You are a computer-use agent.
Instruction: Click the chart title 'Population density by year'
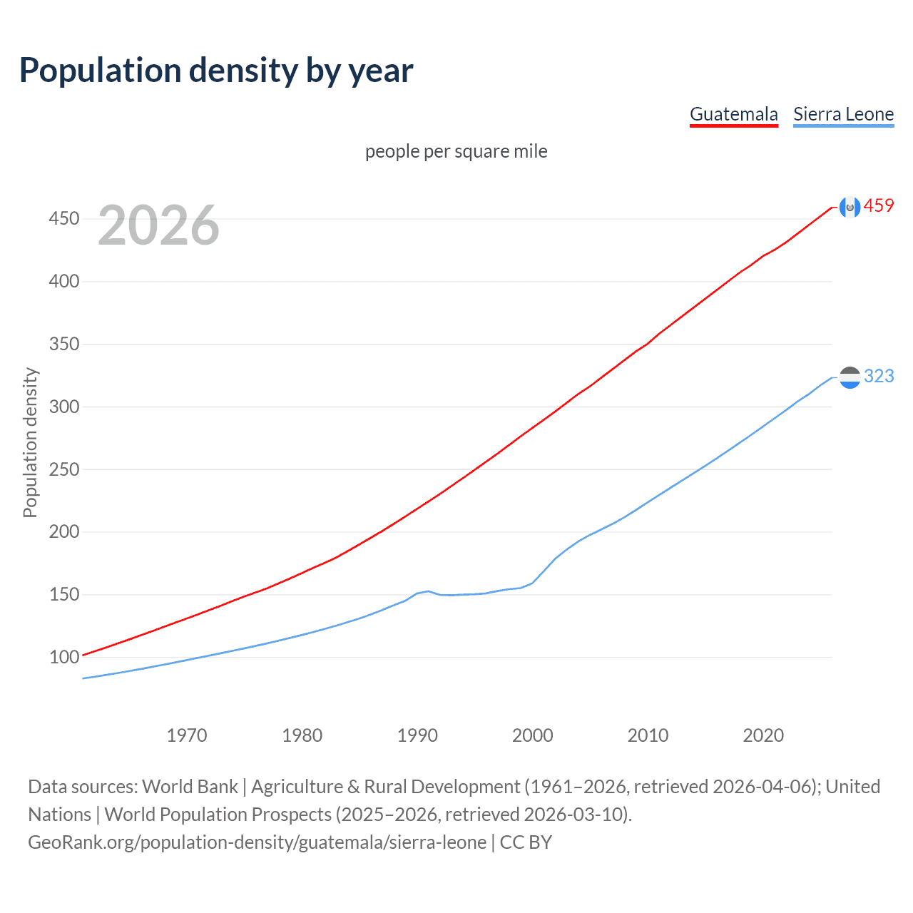pos(216,71)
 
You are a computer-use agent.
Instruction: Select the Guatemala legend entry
pos(733,114)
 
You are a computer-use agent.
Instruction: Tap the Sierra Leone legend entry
pos(843,114)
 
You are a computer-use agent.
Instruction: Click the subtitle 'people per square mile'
pos(456,151)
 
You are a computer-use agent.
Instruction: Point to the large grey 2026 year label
pos(158,225)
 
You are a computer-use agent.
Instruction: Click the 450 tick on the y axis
pos(63,219)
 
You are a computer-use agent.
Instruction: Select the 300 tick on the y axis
pos(63,407)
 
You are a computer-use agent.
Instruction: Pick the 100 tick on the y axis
pos(63,657)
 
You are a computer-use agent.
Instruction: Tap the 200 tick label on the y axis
pos(63,532)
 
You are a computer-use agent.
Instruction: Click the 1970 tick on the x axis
pos(187,735)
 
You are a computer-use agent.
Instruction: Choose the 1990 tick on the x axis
pos(417,735)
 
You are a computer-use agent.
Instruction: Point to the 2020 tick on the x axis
pos(763,735)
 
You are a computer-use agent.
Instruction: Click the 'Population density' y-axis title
pos(30,442)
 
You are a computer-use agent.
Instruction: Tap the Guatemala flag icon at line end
pos(850,207)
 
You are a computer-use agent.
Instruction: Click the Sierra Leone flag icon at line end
pos(850,377)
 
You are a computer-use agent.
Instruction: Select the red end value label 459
pos(879,206)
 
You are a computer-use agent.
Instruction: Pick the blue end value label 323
pos(879,377)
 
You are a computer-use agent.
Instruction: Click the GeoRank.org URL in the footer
pos(257,842)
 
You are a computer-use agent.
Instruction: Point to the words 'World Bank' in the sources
pos(190,787)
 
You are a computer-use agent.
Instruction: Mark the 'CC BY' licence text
pos(526,842)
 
